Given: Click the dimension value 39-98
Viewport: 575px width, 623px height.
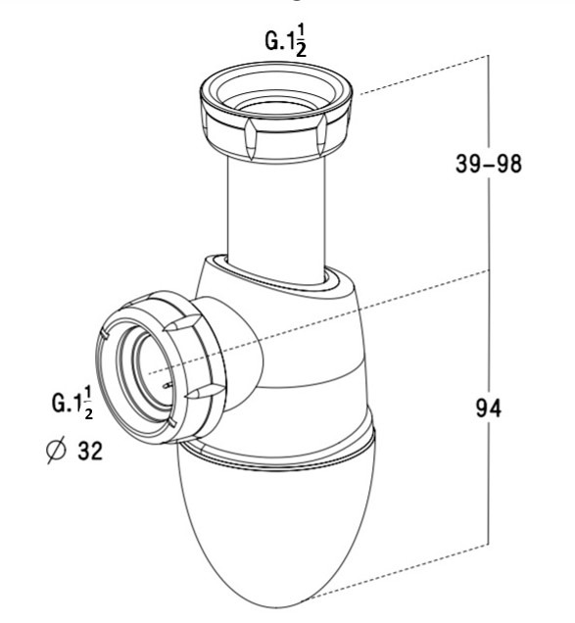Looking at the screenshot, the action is coord(488,164).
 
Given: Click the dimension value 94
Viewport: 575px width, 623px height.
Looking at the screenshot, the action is coord(489,407).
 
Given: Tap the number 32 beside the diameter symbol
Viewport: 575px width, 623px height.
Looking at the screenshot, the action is coord(90,451).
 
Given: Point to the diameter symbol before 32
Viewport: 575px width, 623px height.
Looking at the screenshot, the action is coord(55,451).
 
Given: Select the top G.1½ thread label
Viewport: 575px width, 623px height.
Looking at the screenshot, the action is coord(286,42).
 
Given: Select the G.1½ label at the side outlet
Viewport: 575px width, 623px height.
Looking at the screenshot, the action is coord(72,403).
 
